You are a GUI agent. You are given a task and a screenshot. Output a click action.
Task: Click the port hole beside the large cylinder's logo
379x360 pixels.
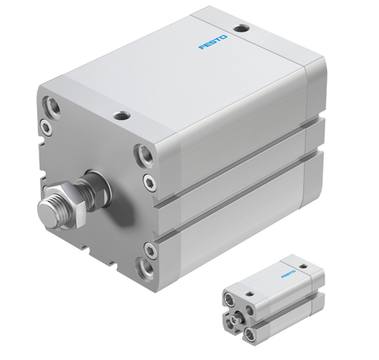[242, 28]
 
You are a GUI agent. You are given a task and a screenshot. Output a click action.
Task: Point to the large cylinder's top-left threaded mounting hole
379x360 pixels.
[53, 105]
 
